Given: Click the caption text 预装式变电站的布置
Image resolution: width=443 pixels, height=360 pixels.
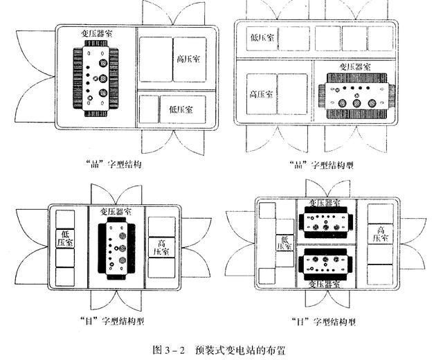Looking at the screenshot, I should pyautogui.click(x=239, y=350).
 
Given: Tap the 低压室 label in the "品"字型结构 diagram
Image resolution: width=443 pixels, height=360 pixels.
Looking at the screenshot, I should pyautogui.click(x=181, y=109).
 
